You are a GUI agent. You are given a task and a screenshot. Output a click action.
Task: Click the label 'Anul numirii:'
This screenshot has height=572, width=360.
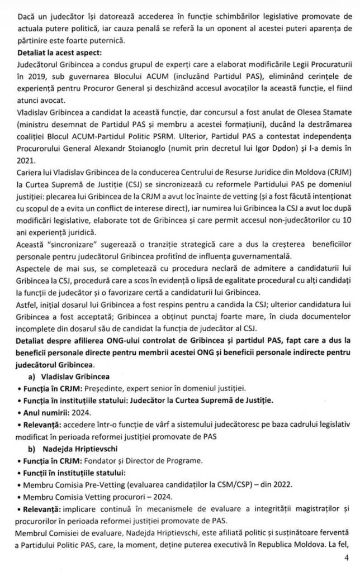[44, 413]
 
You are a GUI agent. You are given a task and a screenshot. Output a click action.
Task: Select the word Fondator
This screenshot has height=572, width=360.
[102, 461]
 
